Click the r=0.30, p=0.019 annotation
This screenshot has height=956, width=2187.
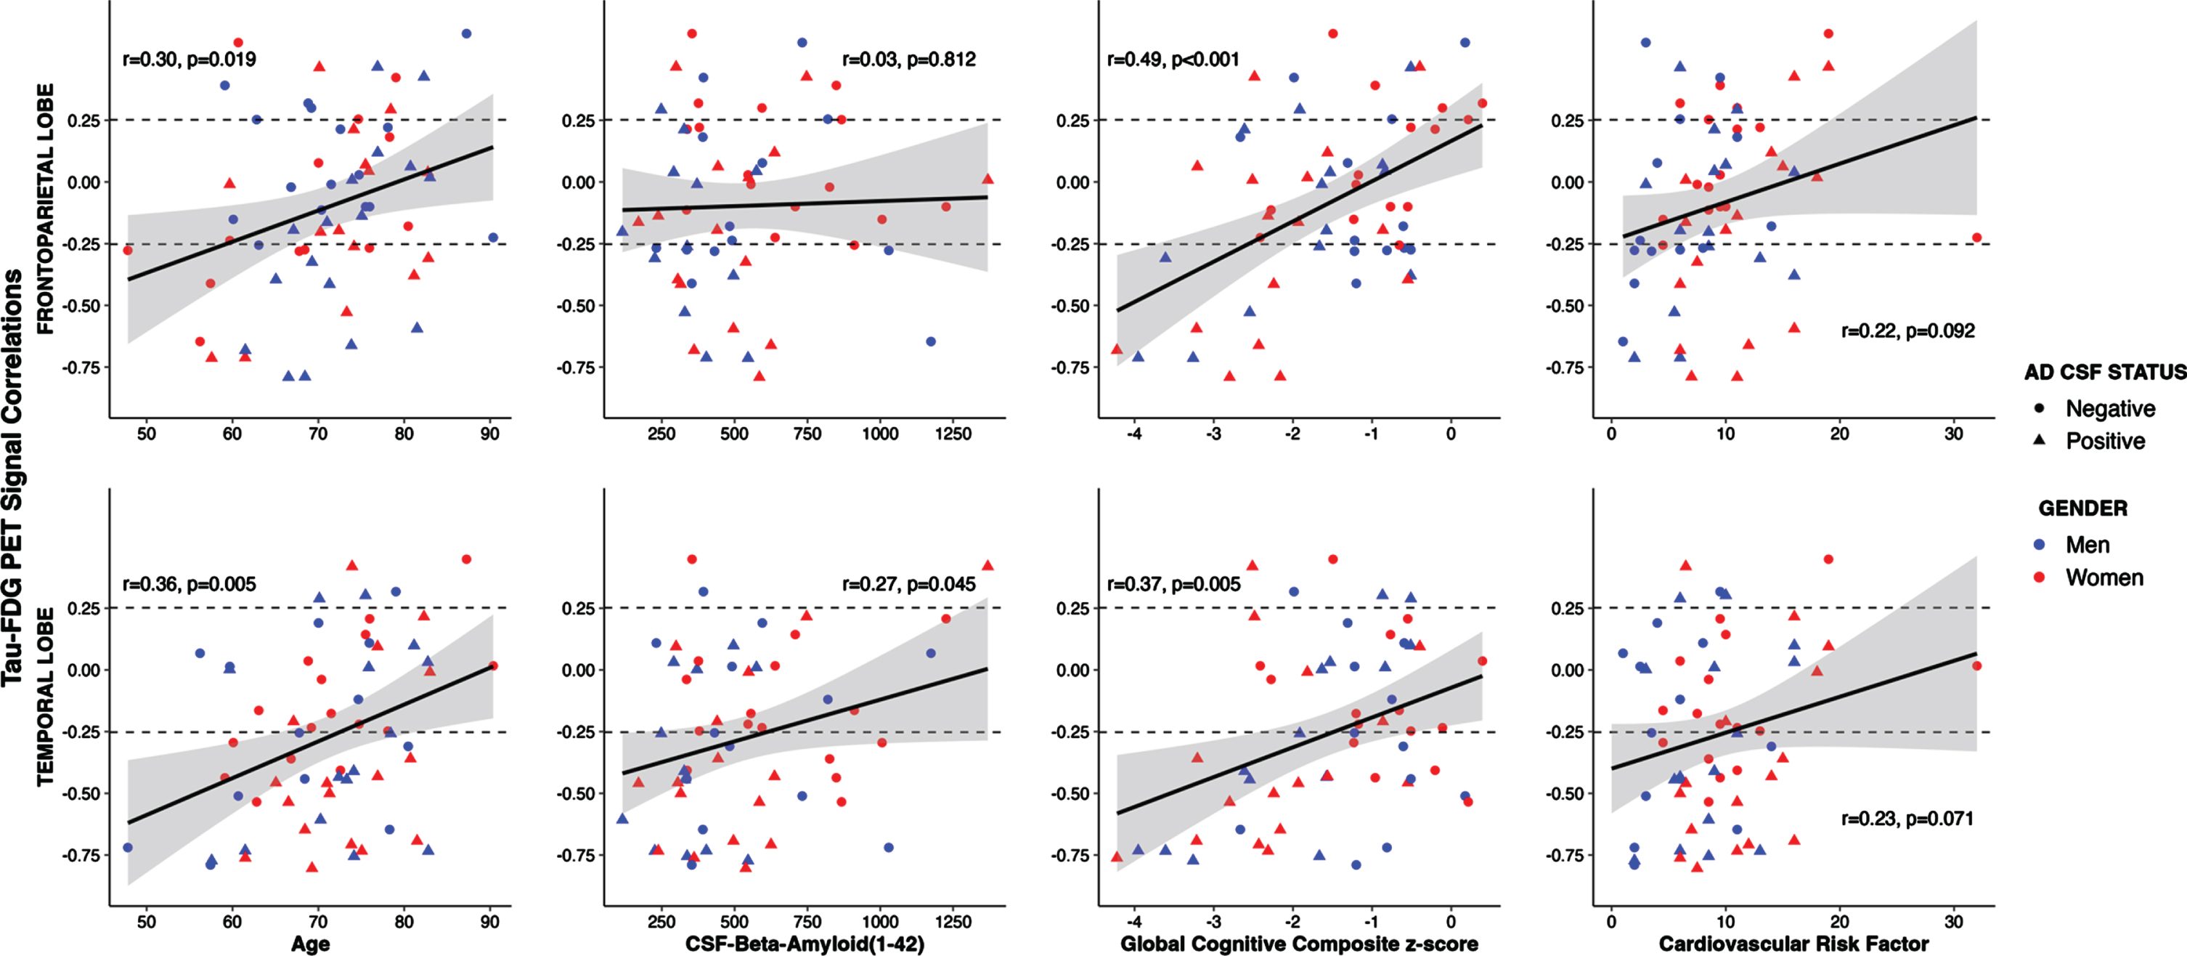[190, 60]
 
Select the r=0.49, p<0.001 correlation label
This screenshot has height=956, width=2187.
[1173, 60]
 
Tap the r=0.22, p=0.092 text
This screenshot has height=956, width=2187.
[1907, 331]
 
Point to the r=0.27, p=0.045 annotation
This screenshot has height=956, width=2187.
[908, 584]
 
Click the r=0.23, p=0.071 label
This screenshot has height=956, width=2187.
[1907, 819]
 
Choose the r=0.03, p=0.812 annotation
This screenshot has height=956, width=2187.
[908, 60]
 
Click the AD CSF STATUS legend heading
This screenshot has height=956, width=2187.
[2105, 372]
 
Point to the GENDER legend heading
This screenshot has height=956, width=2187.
[2082, 509]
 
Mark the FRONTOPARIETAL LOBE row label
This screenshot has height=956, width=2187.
[45, 209]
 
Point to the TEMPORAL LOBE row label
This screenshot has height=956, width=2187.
[45, 696]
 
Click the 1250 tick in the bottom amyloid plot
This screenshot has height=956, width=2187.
[953, 921]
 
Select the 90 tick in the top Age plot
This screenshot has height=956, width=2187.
[490, 434]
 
